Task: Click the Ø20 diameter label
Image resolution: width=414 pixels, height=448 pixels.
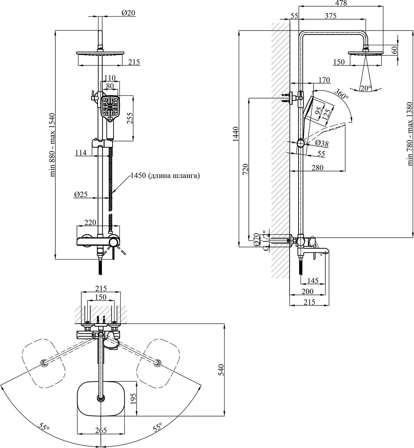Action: [128, 13]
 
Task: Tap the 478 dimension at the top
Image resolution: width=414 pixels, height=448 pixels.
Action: [341, 3]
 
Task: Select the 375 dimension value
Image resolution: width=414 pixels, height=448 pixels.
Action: [331, 16]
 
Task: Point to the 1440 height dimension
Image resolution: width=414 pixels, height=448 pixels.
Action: [236, 134]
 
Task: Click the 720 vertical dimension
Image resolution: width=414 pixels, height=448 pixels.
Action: [245, 169]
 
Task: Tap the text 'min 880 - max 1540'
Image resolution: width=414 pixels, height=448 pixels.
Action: [52, 145]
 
